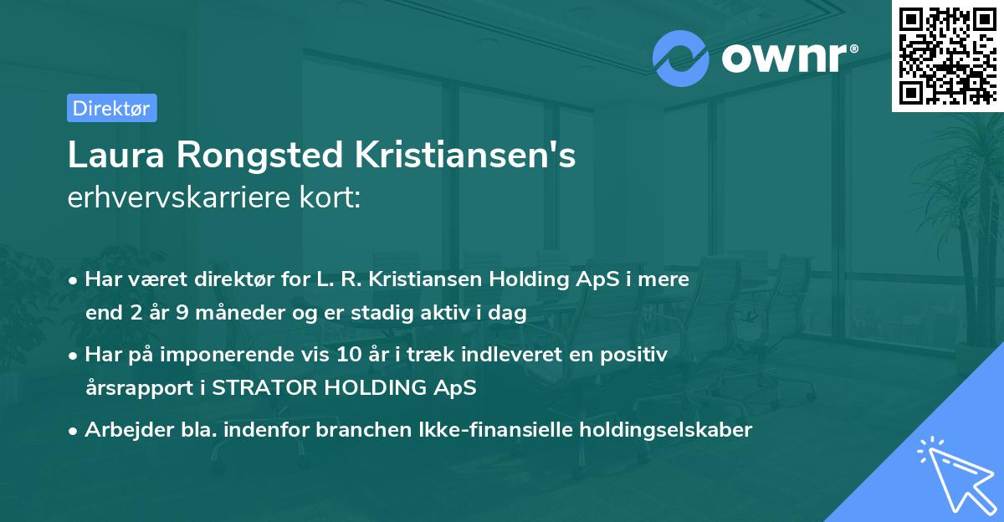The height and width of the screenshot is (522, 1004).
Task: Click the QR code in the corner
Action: (x=947, y=55)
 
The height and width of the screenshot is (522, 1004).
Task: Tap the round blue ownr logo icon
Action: (x=681, y=58)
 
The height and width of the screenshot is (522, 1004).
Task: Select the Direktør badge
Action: (x=111, y=108)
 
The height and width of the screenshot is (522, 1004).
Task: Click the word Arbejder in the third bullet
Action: (x=120, y=430)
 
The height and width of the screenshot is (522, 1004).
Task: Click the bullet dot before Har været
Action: (x=74, y=280)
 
